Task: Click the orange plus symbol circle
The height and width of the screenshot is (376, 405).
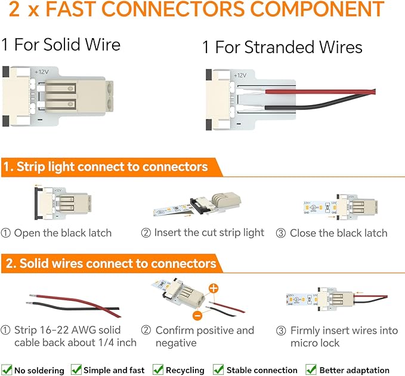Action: coord(214,288)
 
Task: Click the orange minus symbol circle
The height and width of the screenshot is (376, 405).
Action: coord(197,316)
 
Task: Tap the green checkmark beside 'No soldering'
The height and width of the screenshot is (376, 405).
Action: coord(7,369)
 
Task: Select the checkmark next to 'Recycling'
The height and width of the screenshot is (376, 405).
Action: coord(158,369)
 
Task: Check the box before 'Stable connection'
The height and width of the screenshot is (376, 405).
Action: coord(218,369)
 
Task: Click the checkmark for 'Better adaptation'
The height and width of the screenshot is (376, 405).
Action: coord(311,369)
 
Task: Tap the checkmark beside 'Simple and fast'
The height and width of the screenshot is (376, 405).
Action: coord(76,369)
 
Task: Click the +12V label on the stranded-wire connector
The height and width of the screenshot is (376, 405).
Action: coord(240,75)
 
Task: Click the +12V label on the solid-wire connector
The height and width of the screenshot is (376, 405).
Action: coord(41,72)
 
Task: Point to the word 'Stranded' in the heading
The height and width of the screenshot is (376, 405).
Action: coord(279,47)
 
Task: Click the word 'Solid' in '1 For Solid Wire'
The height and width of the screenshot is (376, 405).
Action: coord(61,44)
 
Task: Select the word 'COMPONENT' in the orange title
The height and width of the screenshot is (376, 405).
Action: coord(317,9)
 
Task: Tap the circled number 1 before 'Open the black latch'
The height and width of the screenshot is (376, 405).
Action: coord(6,233)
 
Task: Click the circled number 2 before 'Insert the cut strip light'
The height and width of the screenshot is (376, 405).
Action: coord(146,233)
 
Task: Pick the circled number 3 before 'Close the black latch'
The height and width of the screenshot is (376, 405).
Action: coord(281,233)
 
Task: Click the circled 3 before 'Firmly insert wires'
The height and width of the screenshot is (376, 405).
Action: coord(281,331)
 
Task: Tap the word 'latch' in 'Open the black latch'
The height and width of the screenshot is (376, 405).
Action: coord(100,233)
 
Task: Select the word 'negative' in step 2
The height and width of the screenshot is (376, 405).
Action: coord(176,343)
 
